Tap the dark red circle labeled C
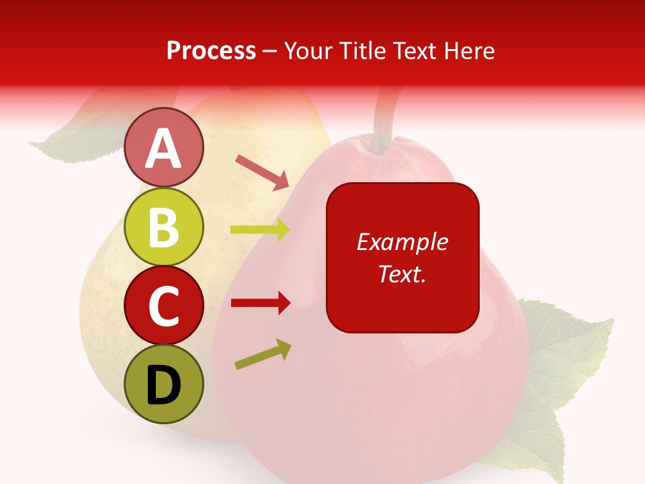tap(164, 305)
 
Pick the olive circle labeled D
tap(164, 384)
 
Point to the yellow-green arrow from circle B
tap(260, 230)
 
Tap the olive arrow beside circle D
tap(263, 354)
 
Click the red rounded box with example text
tap(402, 257)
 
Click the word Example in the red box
tap(402, 241)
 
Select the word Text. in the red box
tap(402, 274)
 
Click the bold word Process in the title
tap(211, 50)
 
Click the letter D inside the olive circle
tap(164, 385)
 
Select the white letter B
tap(164, 227)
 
